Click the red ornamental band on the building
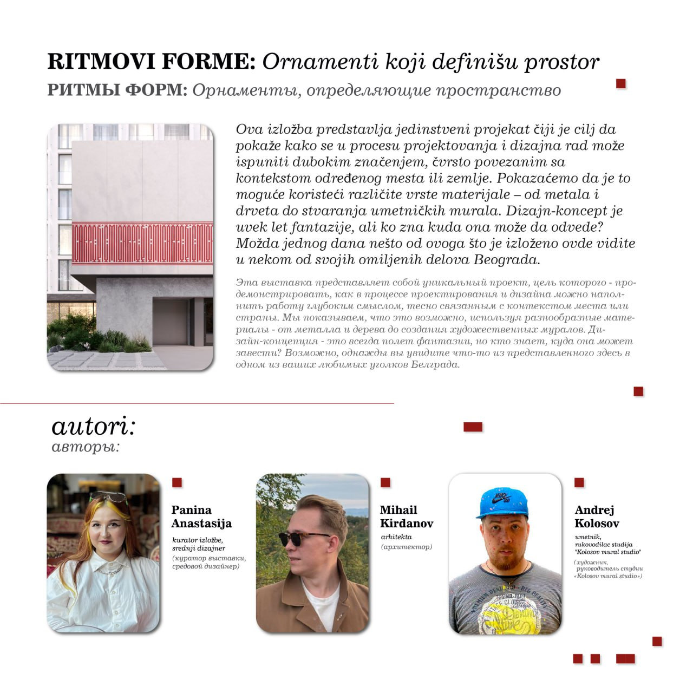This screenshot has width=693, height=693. click(x=142, y=243)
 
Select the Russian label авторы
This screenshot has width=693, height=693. click(x=85, y=447)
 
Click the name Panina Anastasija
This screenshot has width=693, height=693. click(x=201, y=517)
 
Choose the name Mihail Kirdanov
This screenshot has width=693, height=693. click(x=406, y=517)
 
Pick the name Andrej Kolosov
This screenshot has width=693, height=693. click(x=597, y=517)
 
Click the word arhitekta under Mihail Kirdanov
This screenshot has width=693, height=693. click(x=396, y=537)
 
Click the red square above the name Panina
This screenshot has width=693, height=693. click(x=177, y=482)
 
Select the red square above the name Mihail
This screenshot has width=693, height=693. click(x=385, y=482)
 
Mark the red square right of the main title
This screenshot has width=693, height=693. click(x=621, y=83)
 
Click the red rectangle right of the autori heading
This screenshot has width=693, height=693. click(x=473, y=427)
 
